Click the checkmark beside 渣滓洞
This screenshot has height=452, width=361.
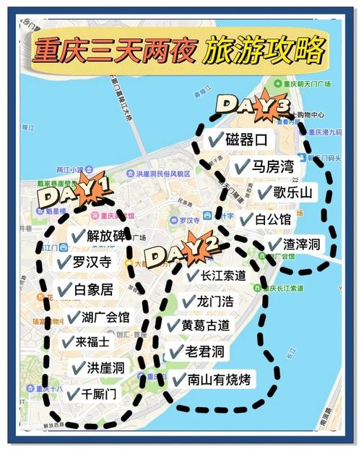pos(274,245)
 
